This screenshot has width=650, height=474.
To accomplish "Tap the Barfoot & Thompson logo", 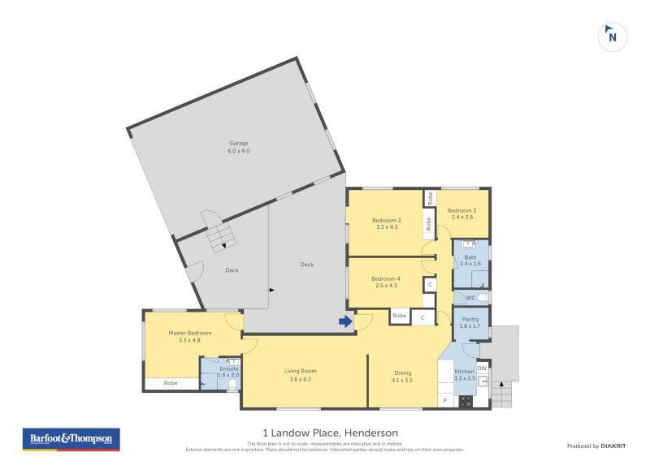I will (70, 439).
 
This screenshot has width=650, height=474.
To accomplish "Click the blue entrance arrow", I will (345, 322).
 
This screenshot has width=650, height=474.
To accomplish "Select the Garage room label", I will (238, 147).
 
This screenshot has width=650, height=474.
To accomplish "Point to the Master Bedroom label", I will (189, 336).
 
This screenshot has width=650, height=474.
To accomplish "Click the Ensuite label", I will (228, 371).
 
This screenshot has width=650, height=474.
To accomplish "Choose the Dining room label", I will (402, 377).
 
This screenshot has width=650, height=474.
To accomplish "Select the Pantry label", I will (470, 323).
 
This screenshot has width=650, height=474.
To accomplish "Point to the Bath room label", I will (470, 260).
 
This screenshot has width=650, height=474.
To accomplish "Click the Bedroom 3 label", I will (387, 223).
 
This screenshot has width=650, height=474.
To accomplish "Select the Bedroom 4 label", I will (387, 282).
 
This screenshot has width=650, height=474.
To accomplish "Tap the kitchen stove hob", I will (466, 400).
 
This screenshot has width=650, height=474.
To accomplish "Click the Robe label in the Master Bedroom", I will (171, 383).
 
